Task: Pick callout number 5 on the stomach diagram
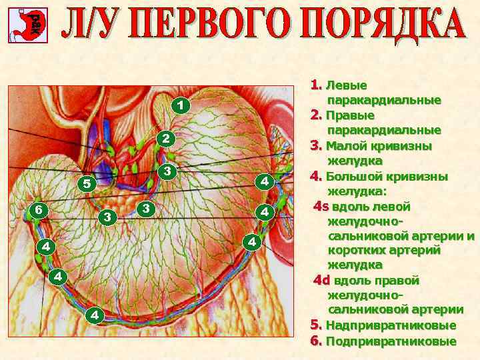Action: coord(85,183)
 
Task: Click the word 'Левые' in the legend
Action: coord(346,86)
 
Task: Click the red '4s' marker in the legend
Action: coord(322,206)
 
